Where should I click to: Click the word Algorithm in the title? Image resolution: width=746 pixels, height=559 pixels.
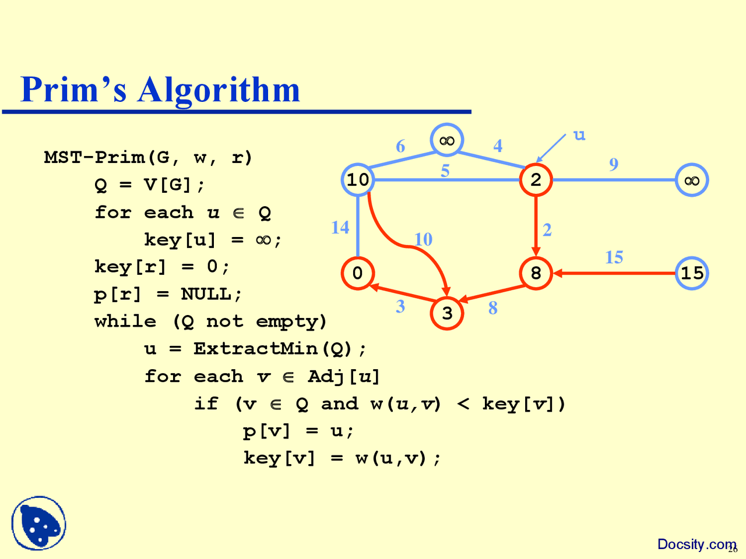(219, 90)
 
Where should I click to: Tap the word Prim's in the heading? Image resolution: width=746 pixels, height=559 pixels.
(73, 90)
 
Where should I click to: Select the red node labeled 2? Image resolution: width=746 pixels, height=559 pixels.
(536, 180)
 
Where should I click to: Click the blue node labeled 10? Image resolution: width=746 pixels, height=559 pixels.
(357, 180)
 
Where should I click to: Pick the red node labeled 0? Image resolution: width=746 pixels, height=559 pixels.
(357, 273)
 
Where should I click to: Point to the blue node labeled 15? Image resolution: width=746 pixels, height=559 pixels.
(692, 273)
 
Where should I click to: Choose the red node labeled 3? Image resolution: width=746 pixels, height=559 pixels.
(447, 313)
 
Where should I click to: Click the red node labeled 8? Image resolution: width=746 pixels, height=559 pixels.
(536, 273)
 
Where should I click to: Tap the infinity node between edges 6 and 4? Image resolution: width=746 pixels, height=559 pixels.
(447, 140)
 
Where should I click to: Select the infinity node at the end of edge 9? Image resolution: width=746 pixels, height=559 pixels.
(692, 180)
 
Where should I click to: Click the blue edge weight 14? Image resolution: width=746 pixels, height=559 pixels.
(340, 227)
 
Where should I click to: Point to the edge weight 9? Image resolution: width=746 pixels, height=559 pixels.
(613, 165)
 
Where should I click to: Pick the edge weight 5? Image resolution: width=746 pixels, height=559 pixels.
(445, 171)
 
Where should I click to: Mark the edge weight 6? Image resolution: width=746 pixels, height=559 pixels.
(400, 146)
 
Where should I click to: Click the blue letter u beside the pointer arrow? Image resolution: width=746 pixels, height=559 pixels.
(579, 136)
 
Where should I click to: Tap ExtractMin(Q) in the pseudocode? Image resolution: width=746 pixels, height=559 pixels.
(273, 349)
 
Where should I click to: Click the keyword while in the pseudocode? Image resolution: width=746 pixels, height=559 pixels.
(125, 321)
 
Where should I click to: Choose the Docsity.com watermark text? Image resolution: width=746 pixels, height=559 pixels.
(696, 544)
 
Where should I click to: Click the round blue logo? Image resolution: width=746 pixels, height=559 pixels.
(38, 523)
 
